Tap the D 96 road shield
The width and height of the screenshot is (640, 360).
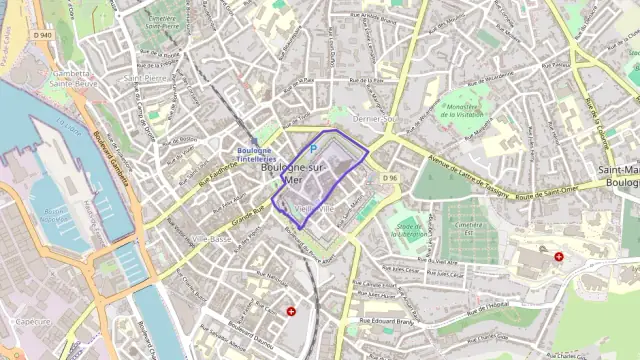tap(390, 178)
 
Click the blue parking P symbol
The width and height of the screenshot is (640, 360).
tap(313, 149)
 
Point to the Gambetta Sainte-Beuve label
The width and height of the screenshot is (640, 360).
tap(70, 79)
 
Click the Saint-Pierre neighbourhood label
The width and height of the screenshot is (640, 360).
tap(145, 77)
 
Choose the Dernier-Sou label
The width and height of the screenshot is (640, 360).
tap(376, 118)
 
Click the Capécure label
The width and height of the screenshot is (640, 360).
tap(33, 322)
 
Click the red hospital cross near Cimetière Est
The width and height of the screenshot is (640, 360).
tap(558, 257)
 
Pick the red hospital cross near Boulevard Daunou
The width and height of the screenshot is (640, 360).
tap(291, 311)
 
